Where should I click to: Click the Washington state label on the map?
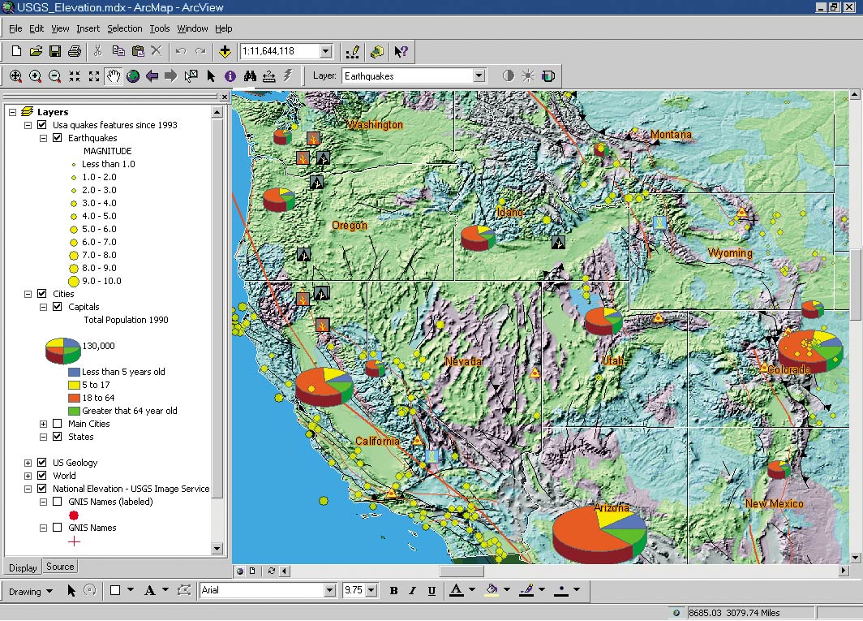click(375, 125)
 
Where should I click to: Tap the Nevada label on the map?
click(463, 361)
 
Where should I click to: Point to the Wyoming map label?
click(730, 253)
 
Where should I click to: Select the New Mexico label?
click(774, 504)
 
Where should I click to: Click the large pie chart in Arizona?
click(599, 533)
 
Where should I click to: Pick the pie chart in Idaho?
click(478, 237)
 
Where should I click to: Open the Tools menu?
click(160, 28)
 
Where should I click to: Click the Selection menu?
click(124, 28)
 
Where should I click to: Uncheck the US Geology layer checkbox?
click(42, 463)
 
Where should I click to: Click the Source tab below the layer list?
click(60, 567)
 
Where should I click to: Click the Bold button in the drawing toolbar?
click(393, 591)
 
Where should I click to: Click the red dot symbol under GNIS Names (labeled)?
click(74, 515)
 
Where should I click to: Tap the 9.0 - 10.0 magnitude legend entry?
click(101, 281)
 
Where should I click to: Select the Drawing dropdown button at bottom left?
click(31, 591)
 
